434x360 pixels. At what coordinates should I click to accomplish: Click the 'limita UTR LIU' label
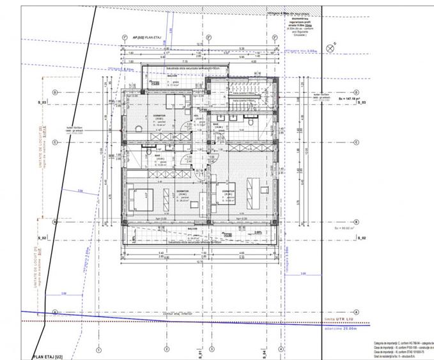click(x=339, y=318)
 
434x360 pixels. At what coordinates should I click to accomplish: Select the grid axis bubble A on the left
click(x=56, y=312)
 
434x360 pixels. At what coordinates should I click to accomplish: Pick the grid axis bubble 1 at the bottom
click(x=98, y=350)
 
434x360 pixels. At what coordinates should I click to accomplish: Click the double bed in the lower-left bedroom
click(x=139, y=200)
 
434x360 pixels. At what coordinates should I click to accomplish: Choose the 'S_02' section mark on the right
click(x=361, y=237)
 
